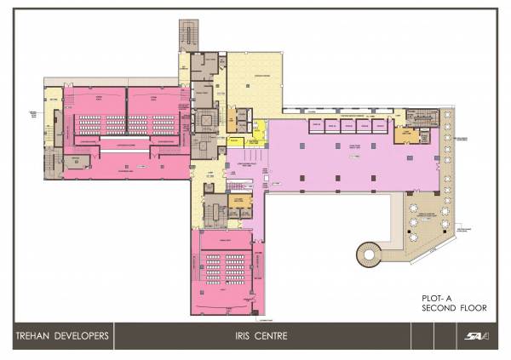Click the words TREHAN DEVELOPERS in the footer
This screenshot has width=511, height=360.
(x=60, y=336)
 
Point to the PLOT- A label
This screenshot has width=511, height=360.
(x=435, y=297)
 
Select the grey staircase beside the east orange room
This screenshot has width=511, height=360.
(x=423, y=136)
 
